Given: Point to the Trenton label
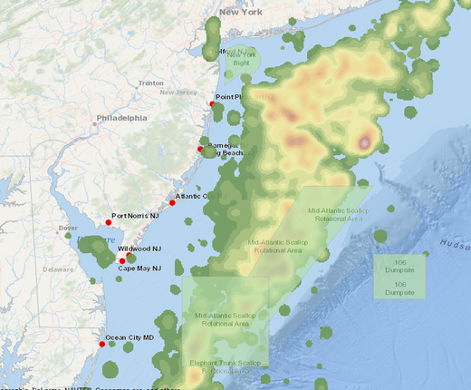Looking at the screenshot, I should click(151, 83).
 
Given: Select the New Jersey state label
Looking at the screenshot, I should click(178, 93).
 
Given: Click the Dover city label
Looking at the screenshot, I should click(68, 228).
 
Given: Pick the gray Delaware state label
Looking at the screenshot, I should click(59, 269).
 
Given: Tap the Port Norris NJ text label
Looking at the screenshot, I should click(135, 216).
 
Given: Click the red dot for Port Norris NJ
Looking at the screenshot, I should click(108, 222).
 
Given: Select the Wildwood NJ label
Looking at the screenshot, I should click(139, 248).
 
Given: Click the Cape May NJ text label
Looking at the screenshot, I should click(139, 268).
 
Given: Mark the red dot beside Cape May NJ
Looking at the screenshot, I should click(122, 261).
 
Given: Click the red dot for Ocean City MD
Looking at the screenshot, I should click(101, 344).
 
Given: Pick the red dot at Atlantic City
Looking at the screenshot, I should click(172, 202).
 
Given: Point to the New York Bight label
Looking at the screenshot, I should click(241, 59).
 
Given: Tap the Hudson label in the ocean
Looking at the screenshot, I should click(456, 244).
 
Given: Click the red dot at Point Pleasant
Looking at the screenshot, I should click(212, 104).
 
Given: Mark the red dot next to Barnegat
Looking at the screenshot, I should click(201, 149).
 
